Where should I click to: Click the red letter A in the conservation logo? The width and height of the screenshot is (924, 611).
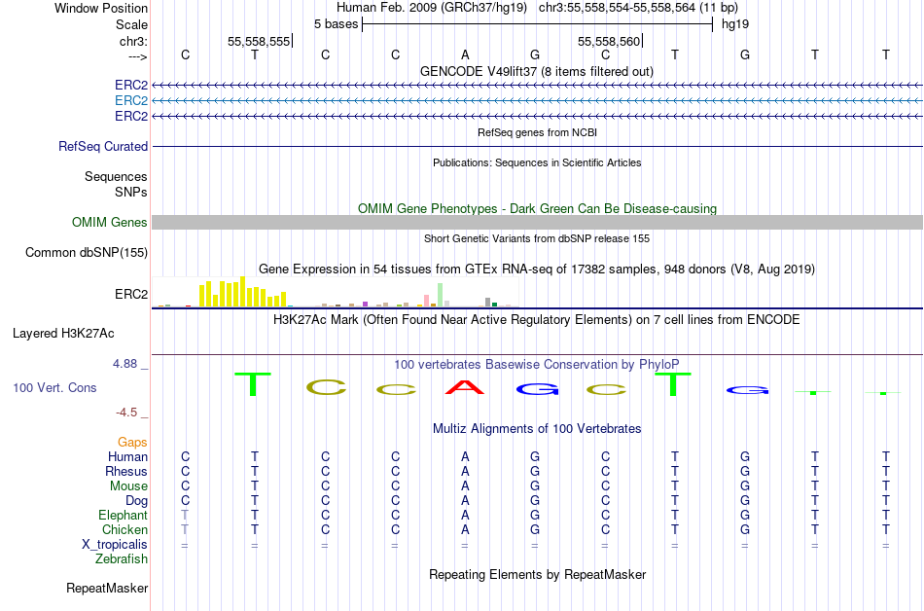[465, 387]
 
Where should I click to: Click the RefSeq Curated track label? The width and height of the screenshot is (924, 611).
[103, 147]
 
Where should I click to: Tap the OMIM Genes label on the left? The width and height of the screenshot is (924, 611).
[110, 223]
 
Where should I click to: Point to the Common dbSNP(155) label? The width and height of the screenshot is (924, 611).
[87, 253]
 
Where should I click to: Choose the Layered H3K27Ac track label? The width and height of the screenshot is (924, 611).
[63, 333]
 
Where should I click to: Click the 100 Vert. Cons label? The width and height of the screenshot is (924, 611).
[54, 388]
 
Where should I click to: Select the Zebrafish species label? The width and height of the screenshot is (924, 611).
[122, 559]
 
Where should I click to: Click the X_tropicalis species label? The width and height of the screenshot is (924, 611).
[115, 545]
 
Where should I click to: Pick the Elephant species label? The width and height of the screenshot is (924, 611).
[123, 516]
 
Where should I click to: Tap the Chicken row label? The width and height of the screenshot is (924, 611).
[124, 530]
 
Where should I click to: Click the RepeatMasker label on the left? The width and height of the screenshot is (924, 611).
[107, 589]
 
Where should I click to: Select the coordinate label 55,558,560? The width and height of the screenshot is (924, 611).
[609, 42]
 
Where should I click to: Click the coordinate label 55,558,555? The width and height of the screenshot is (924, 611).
[259, 42]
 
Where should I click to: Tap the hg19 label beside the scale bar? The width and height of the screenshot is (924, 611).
[734, 23]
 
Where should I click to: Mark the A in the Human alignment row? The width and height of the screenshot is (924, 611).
[465, 456]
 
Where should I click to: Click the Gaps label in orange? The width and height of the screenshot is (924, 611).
[132, 443]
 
